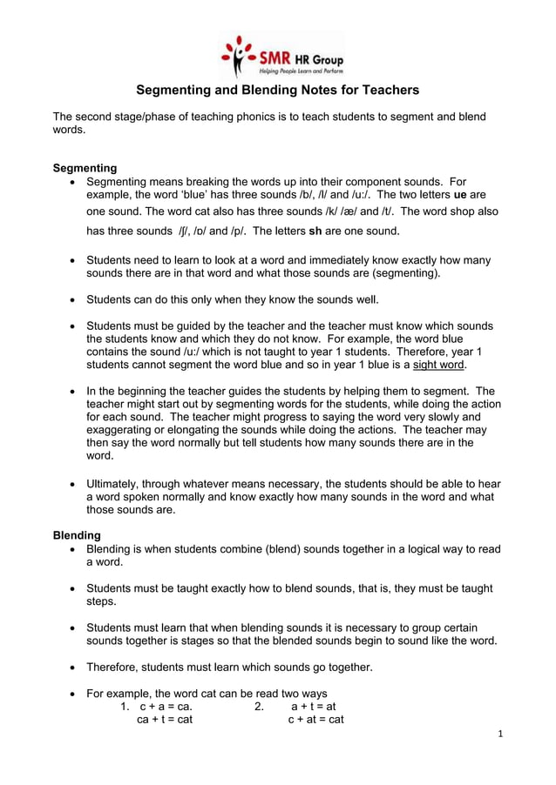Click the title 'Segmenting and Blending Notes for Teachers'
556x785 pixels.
[277, 90]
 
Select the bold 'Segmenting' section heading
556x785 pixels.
[85, 168]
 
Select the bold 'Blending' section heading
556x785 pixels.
[77, 535]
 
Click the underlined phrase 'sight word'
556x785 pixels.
[439, 366]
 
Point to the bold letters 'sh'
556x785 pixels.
[316, 232]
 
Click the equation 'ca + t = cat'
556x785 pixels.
[165, 720]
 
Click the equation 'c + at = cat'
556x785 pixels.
[315, 720]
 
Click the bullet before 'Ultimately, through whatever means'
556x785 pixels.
[71, 483]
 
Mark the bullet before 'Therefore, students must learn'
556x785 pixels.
[71, 668]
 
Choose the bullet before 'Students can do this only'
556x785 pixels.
[71, 300]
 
